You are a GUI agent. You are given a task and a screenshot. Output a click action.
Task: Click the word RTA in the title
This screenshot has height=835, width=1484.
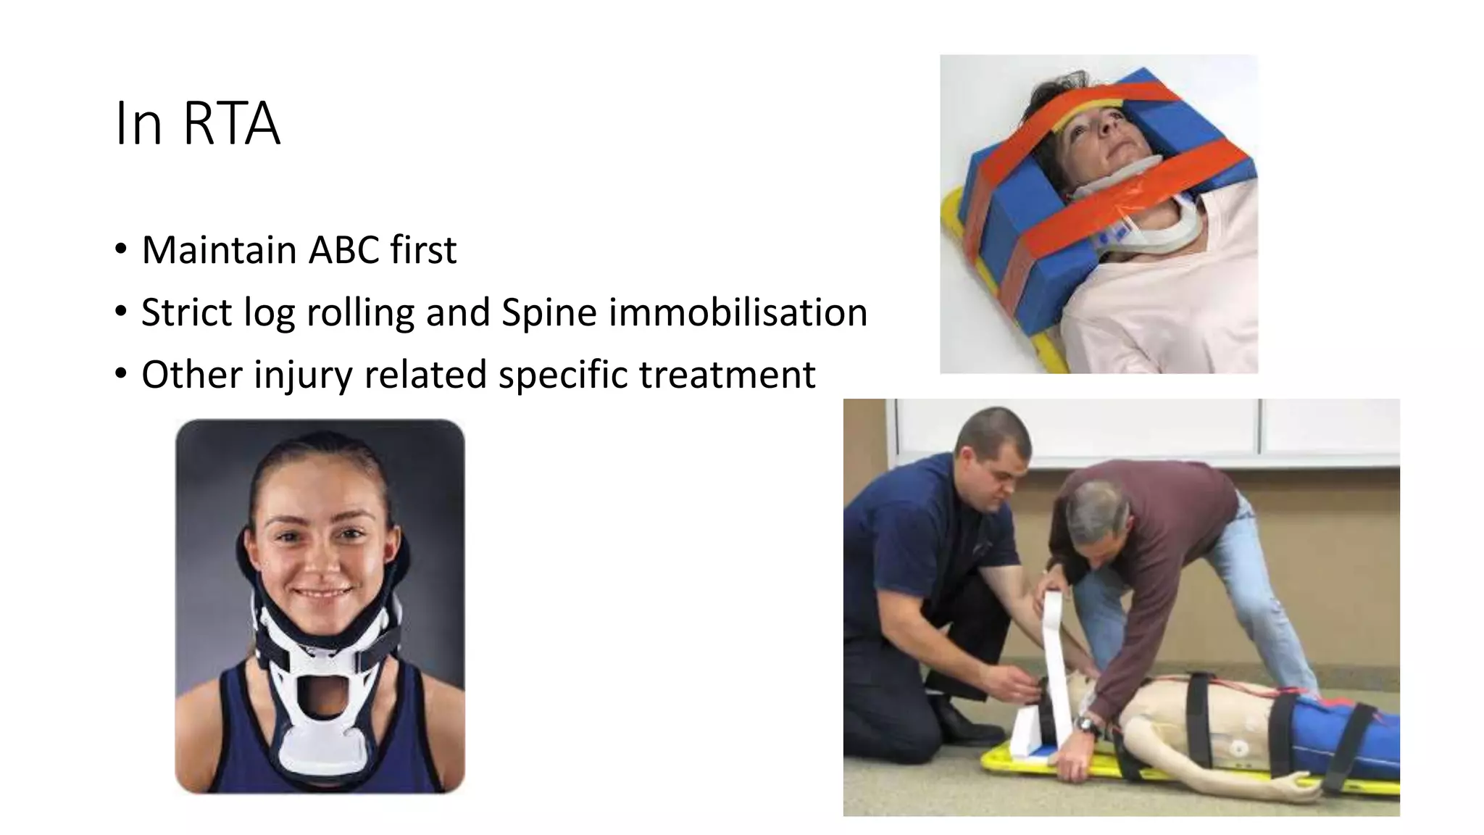pyautogui.click(x=231, y=124)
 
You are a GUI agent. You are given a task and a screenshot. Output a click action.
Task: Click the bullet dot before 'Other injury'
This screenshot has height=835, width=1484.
pyautogui.click(x=121, y=375)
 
